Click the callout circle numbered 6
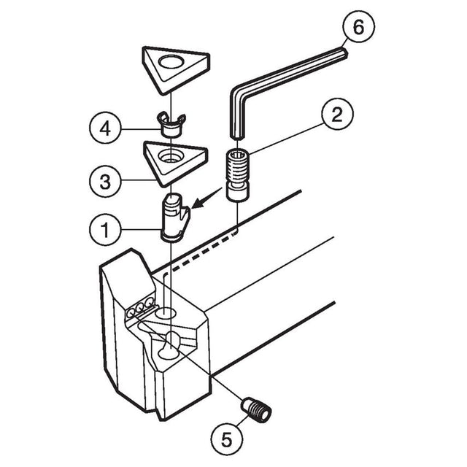[x=358, y=27]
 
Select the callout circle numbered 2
[x=337, y=115]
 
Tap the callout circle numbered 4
[x=105, y=129]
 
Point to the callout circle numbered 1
[x=105, y=230]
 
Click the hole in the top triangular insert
[x=171, y=62]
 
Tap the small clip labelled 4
[x=171, y=126]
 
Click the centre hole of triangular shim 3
[x=171, y=155]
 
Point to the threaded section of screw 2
[x=237, y=169]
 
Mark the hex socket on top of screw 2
[x=238, y=154]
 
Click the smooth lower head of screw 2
[x=237, y=193]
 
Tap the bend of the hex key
[x=239, y=93]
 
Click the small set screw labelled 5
[x=256, y=409]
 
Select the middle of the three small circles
[x=139, y=308]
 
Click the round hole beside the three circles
[x=166, y=313]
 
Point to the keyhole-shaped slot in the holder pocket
[x=169, y=346]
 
